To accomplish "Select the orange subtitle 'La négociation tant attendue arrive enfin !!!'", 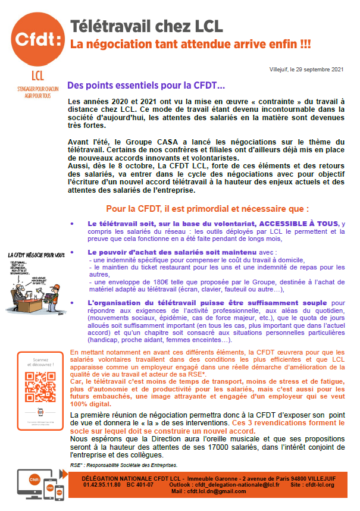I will pyautogui.click(x=190, y=44).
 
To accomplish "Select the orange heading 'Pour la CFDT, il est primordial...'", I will pyautogui.click(x=207, y=209).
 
